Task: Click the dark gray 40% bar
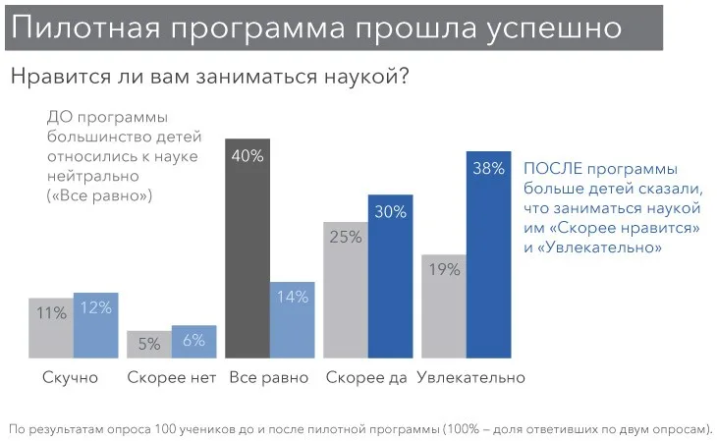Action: (248, 248)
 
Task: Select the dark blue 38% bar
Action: (488, 254)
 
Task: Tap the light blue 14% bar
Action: (292, 320)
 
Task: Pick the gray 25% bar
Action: (346, 290)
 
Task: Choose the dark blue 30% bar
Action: (391, 276)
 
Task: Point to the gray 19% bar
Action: (444, 306)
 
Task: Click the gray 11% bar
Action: (51, 328)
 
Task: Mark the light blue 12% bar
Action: (96, 325)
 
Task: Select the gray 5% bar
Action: (149, 344)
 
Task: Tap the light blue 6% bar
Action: (193, 341)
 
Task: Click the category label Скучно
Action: (70, 378)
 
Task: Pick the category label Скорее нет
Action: (172, 377)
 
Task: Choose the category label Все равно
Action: (269, 377)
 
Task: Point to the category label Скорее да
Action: (366, 377)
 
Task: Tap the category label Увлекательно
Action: (471, 377)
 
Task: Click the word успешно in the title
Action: (554, 28)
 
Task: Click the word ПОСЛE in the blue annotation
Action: (553, 169)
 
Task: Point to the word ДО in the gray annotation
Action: (60, 118)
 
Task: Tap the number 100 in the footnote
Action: (163, 429)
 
